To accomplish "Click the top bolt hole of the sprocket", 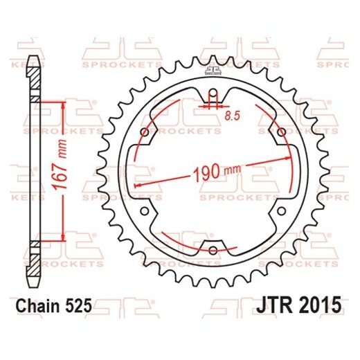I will [213, 96].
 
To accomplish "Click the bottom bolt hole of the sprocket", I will [213, 249].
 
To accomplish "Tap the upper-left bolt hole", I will [143, 132].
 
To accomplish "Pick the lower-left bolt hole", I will [143, 213].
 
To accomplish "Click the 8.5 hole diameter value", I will [232, 116].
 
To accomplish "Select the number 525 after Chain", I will [78, 304].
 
